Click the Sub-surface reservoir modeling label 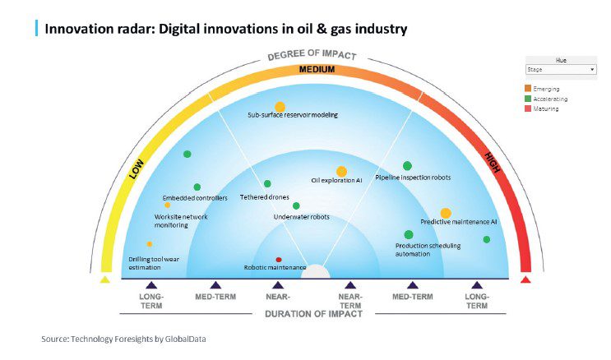click(293, 115)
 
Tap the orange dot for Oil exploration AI click(341, 171)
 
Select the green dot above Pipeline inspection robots click(407, 166)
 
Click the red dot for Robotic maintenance click(279, 260)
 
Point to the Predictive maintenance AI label click(459, 222)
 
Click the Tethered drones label click(264, 197)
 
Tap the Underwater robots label click(301, 217)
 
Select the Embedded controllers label click(195, 198)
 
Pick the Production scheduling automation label click(428, 249)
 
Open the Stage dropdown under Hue click(560, 70)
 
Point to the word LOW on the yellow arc click(137, 168)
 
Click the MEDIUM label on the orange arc click(316, 70)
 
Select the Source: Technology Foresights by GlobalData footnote click(130, 338)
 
